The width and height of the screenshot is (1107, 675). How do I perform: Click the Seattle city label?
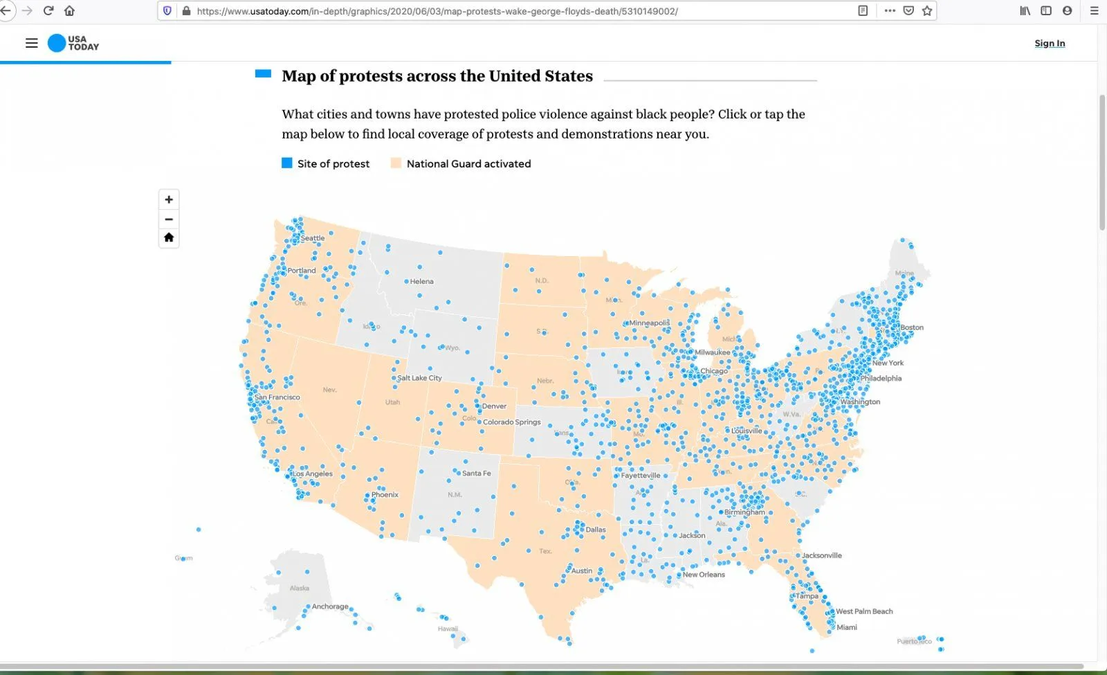(x=313, y=238)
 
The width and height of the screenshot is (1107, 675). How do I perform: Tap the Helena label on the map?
(x=421, y=282)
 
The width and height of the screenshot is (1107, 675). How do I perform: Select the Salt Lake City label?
(x=419, y=378)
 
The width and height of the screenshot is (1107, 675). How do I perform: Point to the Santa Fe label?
(x=476, y=474)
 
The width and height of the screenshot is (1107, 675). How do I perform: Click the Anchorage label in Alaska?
(x=330, y=606)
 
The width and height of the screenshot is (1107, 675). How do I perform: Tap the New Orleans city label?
(x=704, y=575)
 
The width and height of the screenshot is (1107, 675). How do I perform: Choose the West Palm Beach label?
(x=864, y=611)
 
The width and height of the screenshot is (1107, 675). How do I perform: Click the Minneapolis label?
(x=649, y=323)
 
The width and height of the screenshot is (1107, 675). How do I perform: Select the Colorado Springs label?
(x=511, y=422)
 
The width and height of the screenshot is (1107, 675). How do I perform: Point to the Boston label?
(x=911, y=327)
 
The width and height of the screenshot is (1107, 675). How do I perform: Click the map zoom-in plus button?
(x=169, y=199)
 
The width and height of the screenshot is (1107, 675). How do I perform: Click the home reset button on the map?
(x=169, y=237)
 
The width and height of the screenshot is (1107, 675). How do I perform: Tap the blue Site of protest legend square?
(x=287, y=163)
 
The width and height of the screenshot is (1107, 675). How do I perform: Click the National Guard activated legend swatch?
(x=396, y=163)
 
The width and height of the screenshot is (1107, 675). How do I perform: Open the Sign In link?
(x=1050, y=43)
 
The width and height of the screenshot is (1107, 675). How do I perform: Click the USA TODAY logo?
(x=73, y=43)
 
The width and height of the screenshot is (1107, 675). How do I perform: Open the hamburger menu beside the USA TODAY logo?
(x=31, y=43)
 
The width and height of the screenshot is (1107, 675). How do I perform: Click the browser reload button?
(x=48, y=10)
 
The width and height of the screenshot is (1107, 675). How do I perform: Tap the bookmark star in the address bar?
(x=927, y=10)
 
